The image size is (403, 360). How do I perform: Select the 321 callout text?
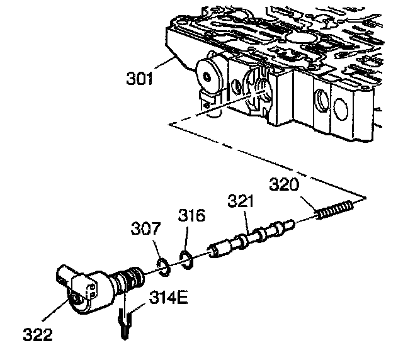pyautogui.click(x=241, y=203)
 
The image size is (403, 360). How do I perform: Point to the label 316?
pyautogui.click(x=191, y=216)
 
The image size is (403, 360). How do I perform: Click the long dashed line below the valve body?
pyautogui.click(x=264, y=157)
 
